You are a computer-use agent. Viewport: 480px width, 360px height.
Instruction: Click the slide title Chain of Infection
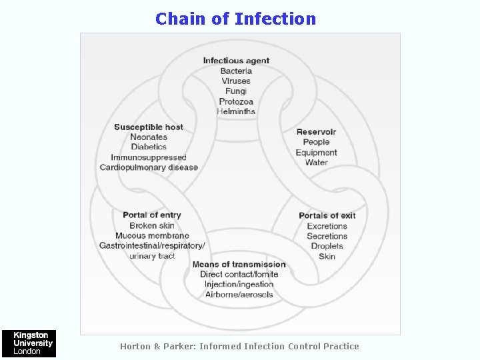click(235, 19)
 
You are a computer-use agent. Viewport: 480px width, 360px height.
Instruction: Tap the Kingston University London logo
click(28, 343)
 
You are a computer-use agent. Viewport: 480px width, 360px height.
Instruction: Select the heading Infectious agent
click(236, 61)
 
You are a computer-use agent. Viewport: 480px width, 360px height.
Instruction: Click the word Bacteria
click(236, 71)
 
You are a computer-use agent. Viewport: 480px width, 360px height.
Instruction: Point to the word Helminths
click(236, 111)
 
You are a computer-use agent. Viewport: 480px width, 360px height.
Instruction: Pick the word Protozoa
click(236, 101)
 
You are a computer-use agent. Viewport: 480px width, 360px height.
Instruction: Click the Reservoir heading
click(316, 131)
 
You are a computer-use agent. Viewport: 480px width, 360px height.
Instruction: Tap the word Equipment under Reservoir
click(317, 153)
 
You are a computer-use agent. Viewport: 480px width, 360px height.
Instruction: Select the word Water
click(317, 163)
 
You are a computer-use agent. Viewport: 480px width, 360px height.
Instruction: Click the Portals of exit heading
click(327, 215)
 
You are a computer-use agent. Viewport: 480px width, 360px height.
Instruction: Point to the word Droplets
click(327, 246)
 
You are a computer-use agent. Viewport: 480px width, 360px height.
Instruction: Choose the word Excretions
click(327, 226)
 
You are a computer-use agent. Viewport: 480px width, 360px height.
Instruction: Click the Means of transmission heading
click(239, 265)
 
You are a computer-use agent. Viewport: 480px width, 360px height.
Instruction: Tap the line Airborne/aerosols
click(239, 295)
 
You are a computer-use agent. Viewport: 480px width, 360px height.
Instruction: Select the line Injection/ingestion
click(239, 285)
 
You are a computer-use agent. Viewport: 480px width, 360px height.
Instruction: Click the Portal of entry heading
click(152, 215)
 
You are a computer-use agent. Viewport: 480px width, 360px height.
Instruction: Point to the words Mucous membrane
click(152, 235)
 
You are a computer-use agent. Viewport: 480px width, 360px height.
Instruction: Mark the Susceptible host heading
click(149, 127)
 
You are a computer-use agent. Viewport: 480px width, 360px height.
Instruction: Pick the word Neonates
click(149, 137)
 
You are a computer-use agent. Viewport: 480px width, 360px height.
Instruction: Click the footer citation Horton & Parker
click(239, 346)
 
